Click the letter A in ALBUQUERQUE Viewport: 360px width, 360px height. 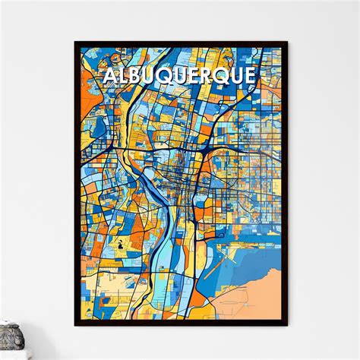108,77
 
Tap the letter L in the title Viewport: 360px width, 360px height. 122,77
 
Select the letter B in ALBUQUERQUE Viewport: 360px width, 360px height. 135,77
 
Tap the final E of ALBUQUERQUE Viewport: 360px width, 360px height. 250,77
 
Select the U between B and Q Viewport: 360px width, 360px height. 151,77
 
